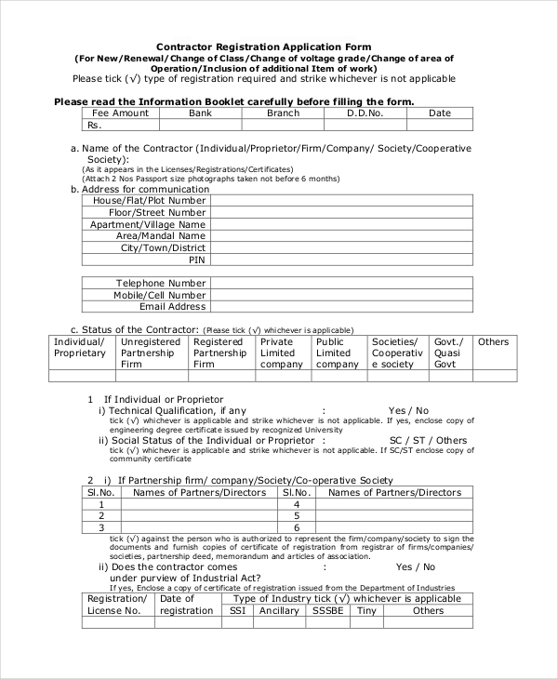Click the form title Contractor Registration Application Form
[263, 47]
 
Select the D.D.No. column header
[365, 113]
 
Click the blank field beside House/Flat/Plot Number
[341, 200]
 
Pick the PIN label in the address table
[197, 260]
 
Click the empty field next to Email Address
[341, 306]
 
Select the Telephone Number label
[160, 283]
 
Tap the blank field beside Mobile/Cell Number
[341, 295]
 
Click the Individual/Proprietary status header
[80, 347]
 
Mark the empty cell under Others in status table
[493, 376]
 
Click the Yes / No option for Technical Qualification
[408, 410]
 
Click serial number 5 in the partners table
[296, 515]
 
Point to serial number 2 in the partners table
[101, 515]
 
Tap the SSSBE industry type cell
[328, 611]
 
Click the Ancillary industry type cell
[279, 611]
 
